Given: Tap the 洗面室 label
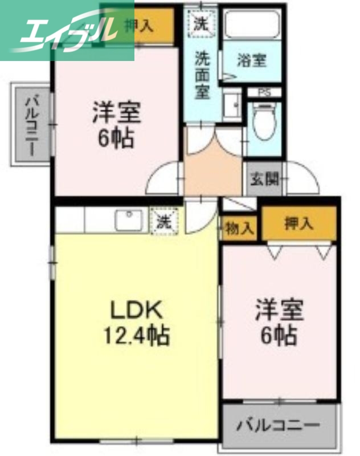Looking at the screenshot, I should point(202,74).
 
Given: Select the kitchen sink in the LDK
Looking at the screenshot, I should point(129,220).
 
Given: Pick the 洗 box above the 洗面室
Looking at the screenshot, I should point(202,24).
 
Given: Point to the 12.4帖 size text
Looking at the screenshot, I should point(136,336).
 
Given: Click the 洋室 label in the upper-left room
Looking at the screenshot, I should point(117,112).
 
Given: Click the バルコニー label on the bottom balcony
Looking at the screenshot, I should point(279,425).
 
